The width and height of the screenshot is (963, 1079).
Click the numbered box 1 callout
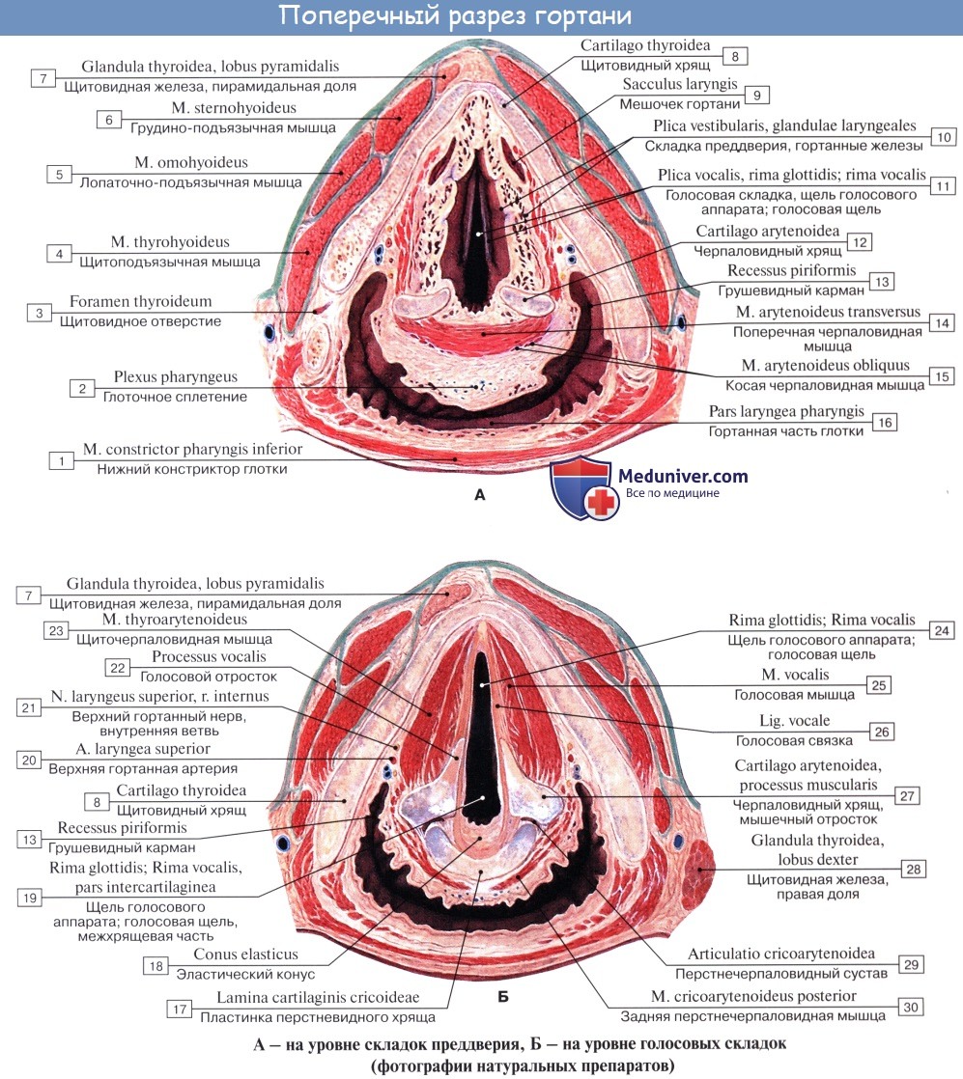click(x=61, y=461)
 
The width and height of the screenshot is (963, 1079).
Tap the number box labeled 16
click(x=884, y=422)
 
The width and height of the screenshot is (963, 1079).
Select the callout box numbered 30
click(x=910, y=1007)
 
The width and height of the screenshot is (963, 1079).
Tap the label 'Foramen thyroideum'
click(x=140, y=301)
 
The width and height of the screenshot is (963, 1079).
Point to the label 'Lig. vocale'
click(x=795, y=721)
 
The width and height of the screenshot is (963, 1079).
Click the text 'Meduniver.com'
click(x=682, y=475)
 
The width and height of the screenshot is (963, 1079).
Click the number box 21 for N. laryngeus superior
click(x=31, y=706)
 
